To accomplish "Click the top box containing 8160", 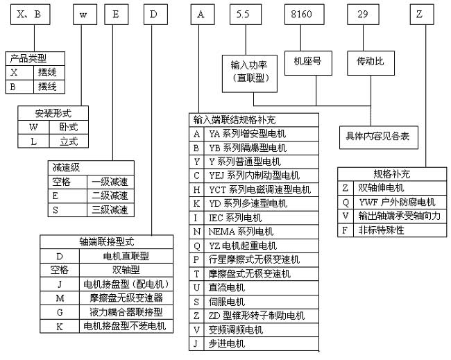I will tap(303, 13).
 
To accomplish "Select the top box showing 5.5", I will tap(243, 13).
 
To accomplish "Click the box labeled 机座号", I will tap(307, 62).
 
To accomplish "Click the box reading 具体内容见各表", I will tap(377, 136).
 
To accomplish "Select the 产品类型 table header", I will tap(35, 58).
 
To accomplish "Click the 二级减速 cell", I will tap(110, 196).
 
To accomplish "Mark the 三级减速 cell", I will tap(110, 209).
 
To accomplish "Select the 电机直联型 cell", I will tap(125, 256).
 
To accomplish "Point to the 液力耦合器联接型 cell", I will tap(125, 311).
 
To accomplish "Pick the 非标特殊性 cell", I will tap(382, 230).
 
